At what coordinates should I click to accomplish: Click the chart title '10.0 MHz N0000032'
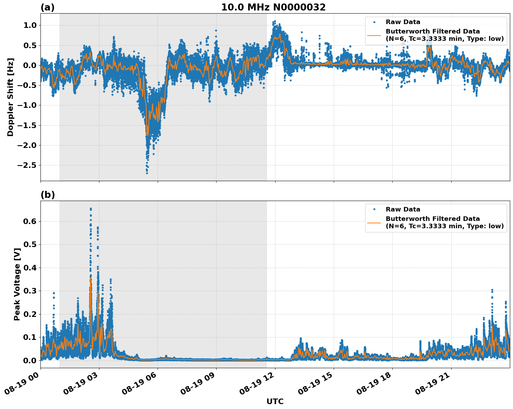coord(273,7)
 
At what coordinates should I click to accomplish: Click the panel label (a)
coord(47,7)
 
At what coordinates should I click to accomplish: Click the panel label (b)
coord(47,195)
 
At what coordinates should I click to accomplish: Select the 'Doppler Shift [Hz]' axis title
coord(10,97)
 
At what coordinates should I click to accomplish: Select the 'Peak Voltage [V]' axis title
coord(17,284)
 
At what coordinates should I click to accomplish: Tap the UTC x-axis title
coord(275,401)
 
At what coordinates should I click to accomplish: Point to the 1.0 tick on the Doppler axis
coord(30,25)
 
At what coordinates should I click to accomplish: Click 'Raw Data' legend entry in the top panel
coord(403,22)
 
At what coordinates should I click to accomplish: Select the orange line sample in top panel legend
coord(374,35)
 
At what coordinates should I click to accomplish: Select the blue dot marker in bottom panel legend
coord(374,209)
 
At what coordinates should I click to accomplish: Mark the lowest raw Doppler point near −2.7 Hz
coord(147,173)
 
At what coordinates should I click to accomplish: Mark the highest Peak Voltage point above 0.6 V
coord(91,209)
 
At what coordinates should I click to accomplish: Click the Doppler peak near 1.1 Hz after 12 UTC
coord(274,21)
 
